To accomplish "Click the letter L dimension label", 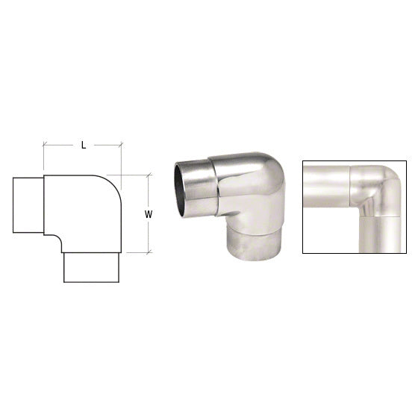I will coord(83,146).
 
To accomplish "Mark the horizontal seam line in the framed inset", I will coord(378,214).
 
